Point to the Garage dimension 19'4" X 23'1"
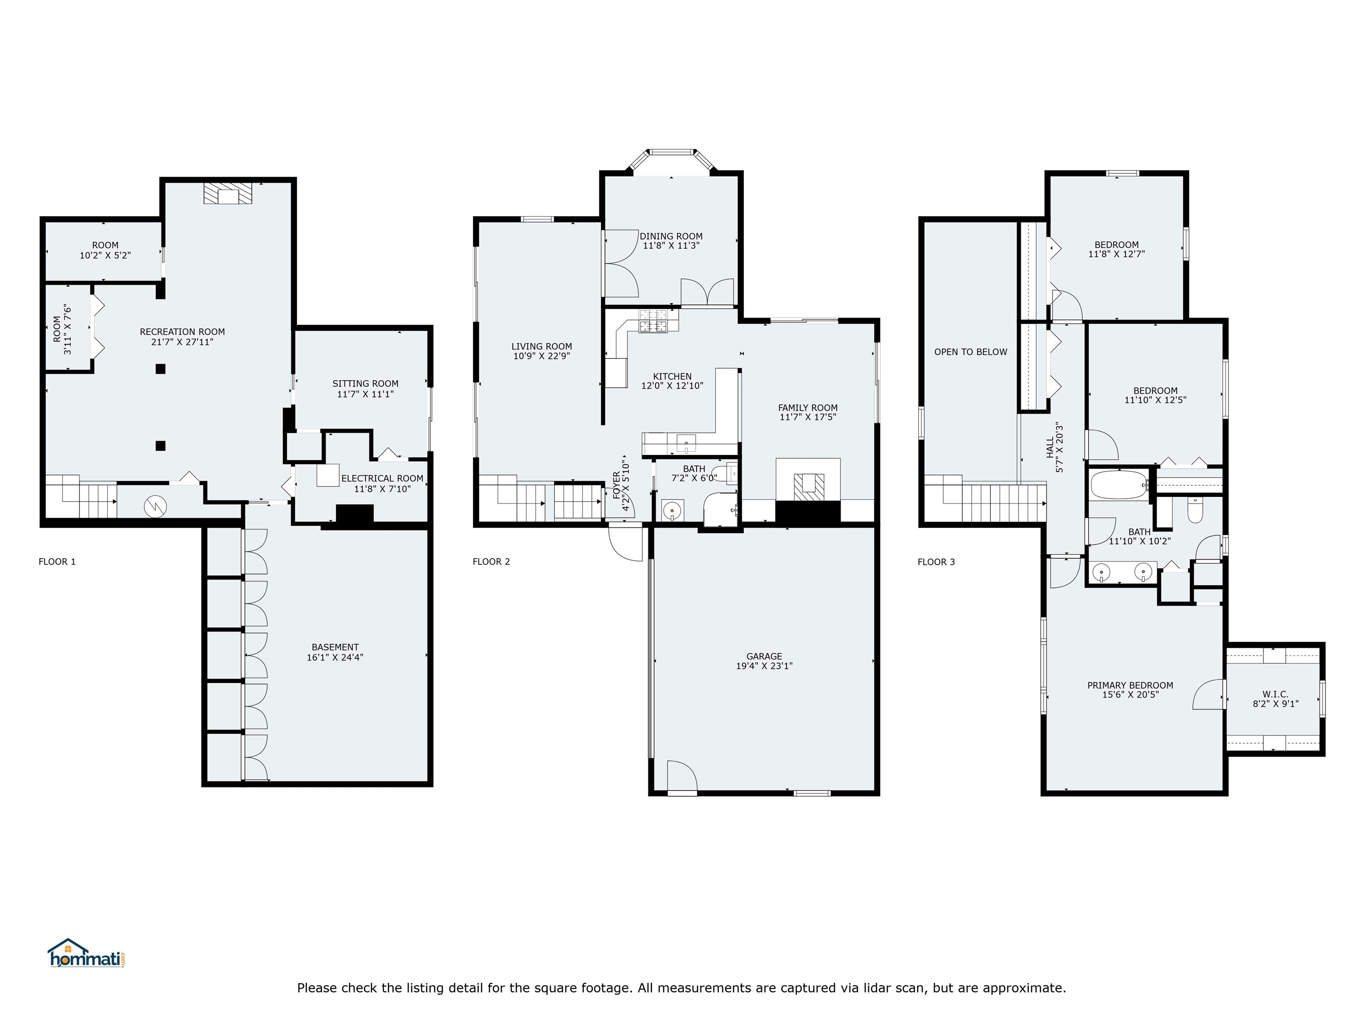[x=764, y=666]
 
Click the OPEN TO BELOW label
[x=971, y=352]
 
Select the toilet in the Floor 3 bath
[x=1195, y=510]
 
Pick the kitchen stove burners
[x=653, y=320]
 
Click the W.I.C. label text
[x=1275, y=694]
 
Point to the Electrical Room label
[x=382, y=479]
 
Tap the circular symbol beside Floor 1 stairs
[x=155, y=507]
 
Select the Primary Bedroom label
[x=1130, y=686]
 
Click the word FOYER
[x=617, y=485]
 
